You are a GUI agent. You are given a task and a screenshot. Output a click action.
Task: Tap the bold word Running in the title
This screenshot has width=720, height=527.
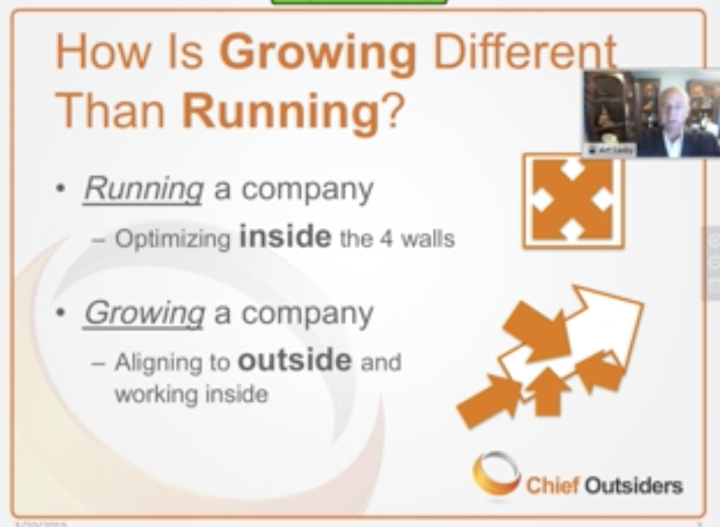tap(280, 111)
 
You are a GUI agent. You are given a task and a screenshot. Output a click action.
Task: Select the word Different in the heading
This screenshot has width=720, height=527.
tap(524, 53)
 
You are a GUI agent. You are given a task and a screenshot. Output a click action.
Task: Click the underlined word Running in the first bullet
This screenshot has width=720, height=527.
tap(143, 189)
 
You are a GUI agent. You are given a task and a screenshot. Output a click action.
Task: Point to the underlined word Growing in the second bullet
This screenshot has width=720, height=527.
tap(144, 313)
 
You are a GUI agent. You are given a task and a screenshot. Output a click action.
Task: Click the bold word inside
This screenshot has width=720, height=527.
tap(285, 237)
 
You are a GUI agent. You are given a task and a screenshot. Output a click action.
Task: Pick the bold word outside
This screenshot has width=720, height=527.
tap(295, 360)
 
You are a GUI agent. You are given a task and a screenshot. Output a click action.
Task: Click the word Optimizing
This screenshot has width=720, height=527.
tap(173, 240)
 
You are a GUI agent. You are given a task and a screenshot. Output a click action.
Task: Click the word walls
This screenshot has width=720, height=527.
tap(429, 239)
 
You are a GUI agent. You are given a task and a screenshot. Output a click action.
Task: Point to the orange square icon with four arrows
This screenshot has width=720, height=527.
tap(573, 201)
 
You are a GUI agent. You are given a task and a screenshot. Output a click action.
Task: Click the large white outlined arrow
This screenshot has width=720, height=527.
tap(593, 326)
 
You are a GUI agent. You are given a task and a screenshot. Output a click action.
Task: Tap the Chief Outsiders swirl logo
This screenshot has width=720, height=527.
tap(496, 474)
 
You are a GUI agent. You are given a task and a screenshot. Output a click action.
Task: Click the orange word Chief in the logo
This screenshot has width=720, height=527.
tap(551, 486)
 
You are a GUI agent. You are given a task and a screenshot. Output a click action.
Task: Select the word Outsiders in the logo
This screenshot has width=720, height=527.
tap(633, 486)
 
